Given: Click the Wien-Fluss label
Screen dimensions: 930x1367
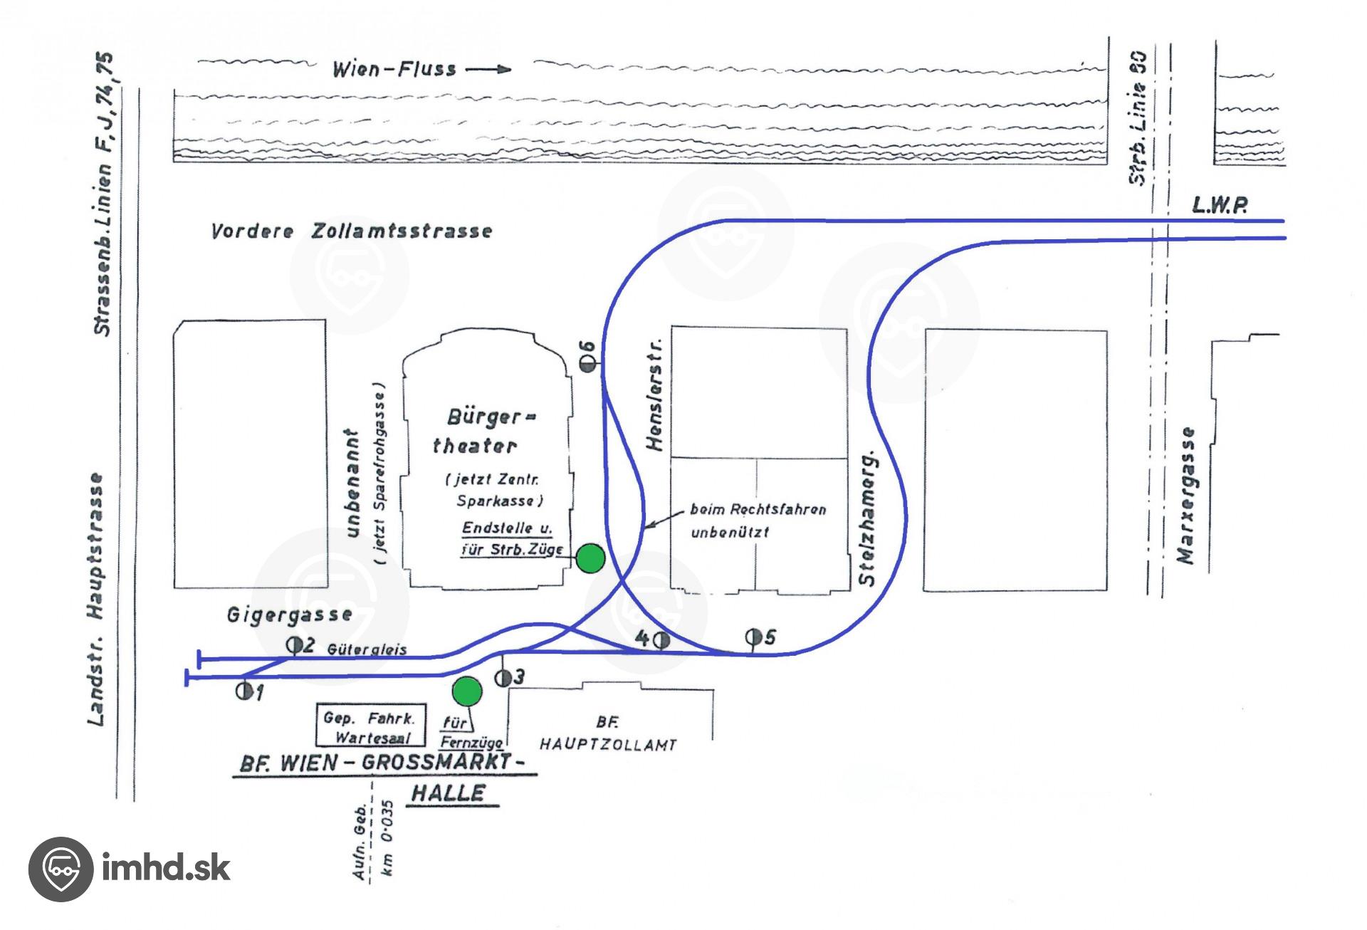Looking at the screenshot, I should tap(394, 70).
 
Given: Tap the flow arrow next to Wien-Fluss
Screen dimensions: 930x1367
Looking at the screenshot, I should tap(488, 70).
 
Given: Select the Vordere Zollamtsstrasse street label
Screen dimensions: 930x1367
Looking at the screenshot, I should tap(351, 231).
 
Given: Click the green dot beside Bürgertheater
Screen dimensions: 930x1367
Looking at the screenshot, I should tap(590, 558).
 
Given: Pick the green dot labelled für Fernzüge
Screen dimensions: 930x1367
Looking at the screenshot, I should tap(467, 690).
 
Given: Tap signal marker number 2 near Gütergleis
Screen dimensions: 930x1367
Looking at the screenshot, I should tap(293, 645).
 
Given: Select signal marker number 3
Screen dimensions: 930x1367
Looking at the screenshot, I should tap(503, 677).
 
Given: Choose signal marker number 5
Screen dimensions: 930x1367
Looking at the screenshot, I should tap(753, 636).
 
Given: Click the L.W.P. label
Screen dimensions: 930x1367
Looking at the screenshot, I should tap(1220, 207).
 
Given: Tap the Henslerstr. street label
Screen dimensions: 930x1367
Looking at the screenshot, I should tap(656, 395).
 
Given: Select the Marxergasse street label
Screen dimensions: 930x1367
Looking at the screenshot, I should tap(1185, 496).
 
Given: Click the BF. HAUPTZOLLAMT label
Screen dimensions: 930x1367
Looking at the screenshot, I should tap(607, 734).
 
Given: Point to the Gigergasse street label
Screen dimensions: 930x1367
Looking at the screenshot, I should tap(289, 615).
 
